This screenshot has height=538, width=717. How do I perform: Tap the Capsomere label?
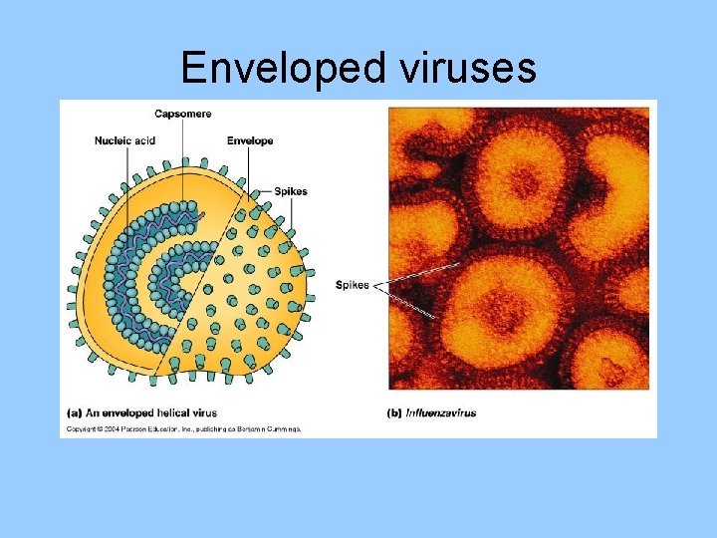[182, 115]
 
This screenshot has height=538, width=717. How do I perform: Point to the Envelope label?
[250, 140]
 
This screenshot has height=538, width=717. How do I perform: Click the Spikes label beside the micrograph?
[353, 285]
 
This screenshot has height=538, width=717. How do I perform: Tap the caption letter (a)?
[75, 411]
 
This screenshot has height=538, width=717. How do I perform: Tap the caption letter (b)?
[394, 411]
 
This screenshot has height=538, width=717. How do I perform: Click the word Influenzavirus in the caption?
[442, 411]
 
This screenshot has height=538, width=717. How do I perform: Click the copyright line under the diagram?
[183, 429]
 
